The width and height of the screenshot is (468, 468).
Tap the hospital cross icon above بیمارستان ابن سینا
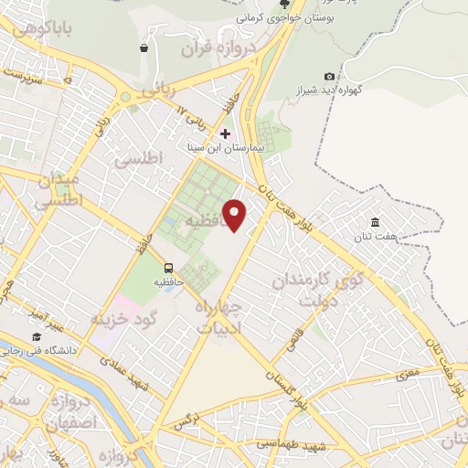(225, 133)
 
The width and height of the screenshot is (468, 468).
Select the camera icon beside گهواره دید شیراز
(329, 77)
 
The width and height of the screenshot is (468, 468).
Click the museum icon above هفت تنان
(375, 222)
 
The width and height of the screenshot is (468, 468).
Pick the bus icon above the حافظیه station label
(168, 268)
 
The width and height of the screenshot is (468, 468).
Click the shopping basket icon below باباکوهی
(144, 48)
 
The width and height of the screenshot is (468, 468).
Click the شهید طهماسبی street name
(291, 445)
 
